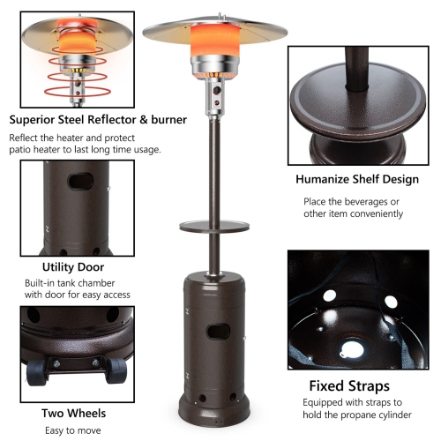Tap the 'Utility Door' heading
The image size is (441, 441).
point(72,265)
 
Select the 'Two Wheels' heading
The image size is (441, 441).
point(73,412)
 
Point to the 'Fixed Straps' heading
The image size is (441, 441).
point(348,385)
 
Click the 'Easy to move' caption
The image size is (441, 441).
point(73,430)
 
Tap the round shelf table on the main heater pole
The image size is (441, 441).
point(214,227)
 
